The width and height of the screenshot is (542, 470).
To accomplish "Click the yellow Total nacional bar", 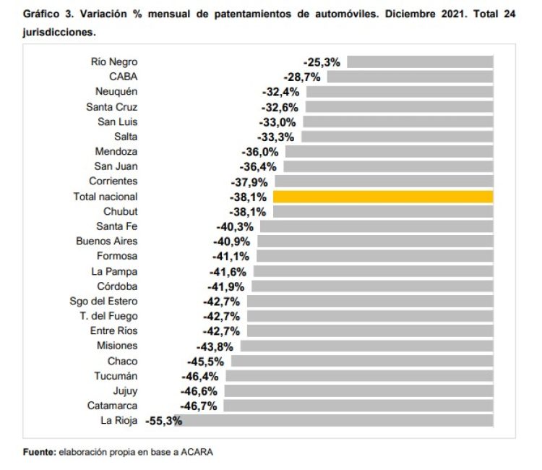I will [x=383, y=197].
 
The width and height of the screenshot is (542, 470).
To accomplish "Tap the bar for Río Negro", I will [x=421, y=62].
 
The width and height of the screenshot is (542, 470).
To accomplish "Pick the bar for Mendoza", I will [x=389, y=152].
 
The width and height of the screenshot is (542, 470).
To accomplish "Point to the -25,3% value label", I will [x=322, y=62].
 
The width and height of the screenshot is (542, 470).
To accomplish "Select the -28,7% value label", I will [x=302, y=77].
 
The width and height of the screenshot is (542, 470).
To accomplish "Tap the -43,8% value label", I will [x=218, y=346].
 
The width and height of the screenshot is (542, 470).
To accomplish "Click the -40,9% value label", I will [x=232, y=242].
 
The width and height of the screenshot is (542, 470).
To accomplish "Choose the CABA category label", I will [x=123, y=77].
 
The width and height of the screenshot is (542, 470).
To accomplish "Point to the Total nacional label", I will [x=106, y=197].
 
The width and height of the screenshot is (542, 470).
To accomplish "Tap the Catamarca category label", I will [x=112, y=406].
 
